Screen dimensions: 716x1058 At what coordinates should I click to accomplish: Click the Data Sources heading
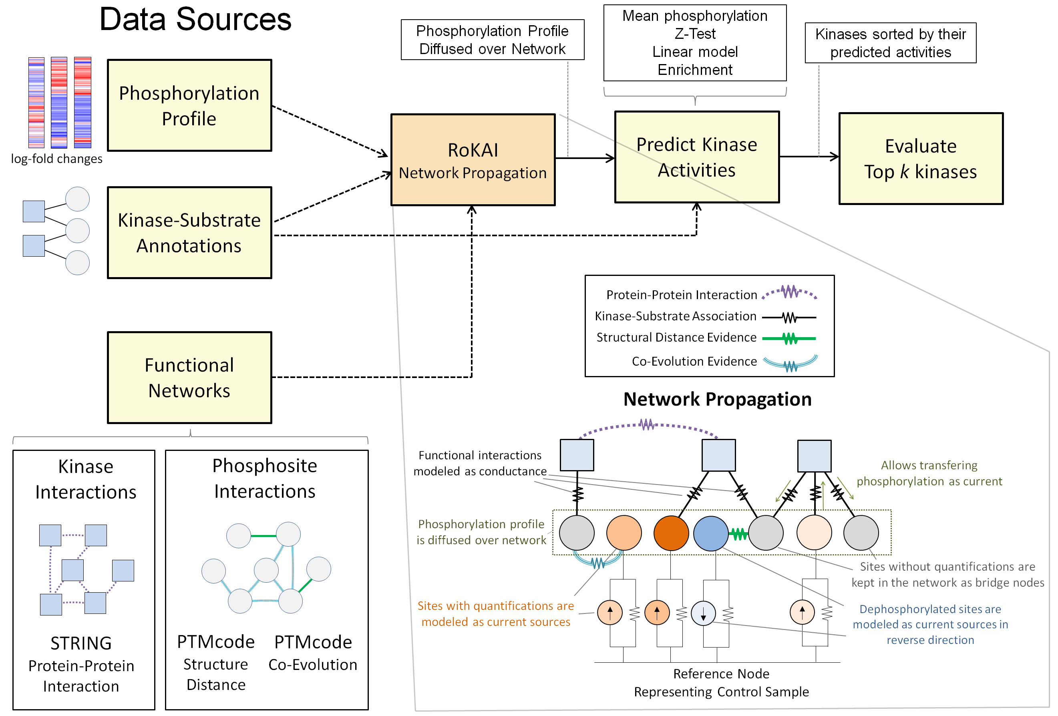[x=195, y=20]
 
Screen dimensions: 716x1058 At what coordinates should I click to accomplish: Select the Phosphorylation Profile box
[x=189, y=105]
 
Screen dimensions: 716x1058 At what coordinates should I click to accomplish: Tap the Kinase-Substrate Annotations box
[x=189, y=233]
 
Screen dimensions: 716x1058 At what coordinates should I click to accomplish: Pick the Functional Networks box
[x=189, y=377]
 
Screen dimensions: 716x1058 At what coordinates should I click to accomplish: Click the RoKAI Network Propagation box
[x=473, y=160]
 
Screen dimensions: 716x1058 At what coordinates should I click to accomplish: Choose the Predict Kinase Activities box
[x=696, y=157]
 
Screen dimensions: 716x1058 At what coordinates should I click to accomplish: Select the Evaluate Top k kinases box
[x=921, y=159]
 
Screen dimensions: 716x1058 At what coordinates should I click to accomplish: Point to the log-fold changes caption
[x=56, y=159]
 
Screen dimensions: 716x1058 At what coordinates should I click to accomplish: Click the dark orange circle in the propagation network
[x=671, y=533]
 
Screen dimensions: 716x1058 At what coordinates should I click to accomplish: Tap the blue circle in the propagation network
[x=711, y=533]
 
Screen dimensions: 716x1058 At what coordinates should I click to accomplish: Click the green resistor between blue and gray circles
[x=739, y=534]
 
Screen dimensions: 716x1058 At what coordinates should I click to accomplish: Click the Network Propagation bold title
[x=717, y=399]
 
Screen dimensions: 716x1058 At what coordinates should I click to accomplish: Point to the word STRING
[x=81, y=643]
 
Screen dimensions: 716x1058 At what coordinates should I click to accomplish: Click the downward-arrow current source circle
[x=703, y=613]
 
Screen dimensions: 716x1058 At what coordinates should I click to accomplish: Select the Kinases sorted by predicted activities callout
[x=890, y=43]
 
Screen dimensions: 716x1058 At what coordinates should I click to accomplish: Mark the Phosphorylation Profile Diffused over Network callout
[x=492, y=40]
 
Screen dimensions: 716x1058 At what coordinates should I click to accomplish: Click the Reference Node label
[x=721, y=673]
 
